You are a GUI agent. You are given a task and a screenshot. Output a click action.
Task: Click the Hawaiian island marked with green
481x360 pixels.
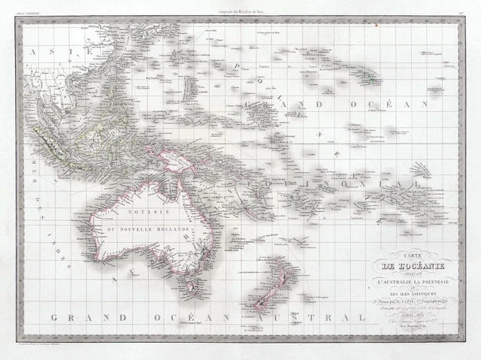[x=369, y=75]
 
